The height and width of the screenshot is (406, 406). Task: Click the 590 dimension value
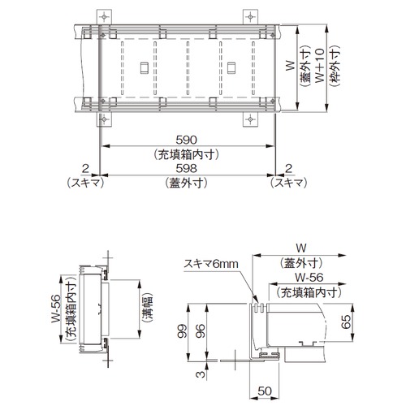pyautogui.click(x=186, y=140)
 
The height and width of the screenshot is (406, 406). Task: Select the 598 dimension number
pyautogui.click(x=186, y=169)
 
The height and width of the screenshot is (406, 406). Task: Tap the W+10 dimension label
pyautogui.click(x=320, y=66)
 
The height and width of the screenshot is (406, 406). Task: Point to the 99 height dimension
pyautogui.click(x=182, y=330)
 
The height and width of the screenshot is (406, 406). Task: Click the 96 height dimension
pyautogui.click(x=201, y=330)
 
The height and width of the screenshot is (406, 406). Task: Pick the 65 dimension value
pyautogui.click(x=346, y=322)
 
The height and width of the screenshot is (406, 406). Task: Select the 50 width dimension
pyautogui.click(x=265, y=391)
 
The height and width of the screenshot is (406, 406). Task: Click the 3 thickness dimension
pyautogui.click(x=201, y=374)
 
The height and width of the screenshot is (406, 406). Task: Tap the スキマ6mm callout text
pyautogui.click(x=211, y=264)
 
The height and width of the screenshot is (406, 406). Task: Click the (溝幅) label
pyautogui.click(x=147, y=309)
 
